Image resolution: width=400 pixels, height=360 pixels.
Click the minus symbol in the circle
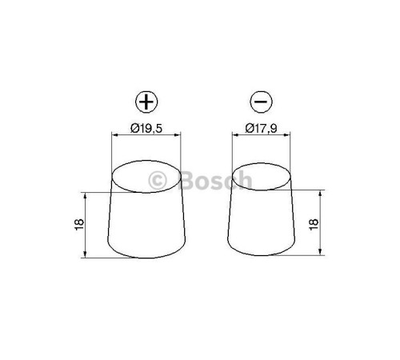pos(259,103)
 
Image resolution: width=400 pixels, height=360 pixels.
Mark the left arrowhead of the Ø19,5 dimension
pos(114,137)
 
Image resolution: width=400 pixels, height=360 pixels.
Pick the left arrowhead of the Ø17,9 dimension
pos(234,137)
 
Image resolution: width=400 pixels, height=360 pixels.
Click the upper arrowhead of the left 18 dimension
pos(84,195)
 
